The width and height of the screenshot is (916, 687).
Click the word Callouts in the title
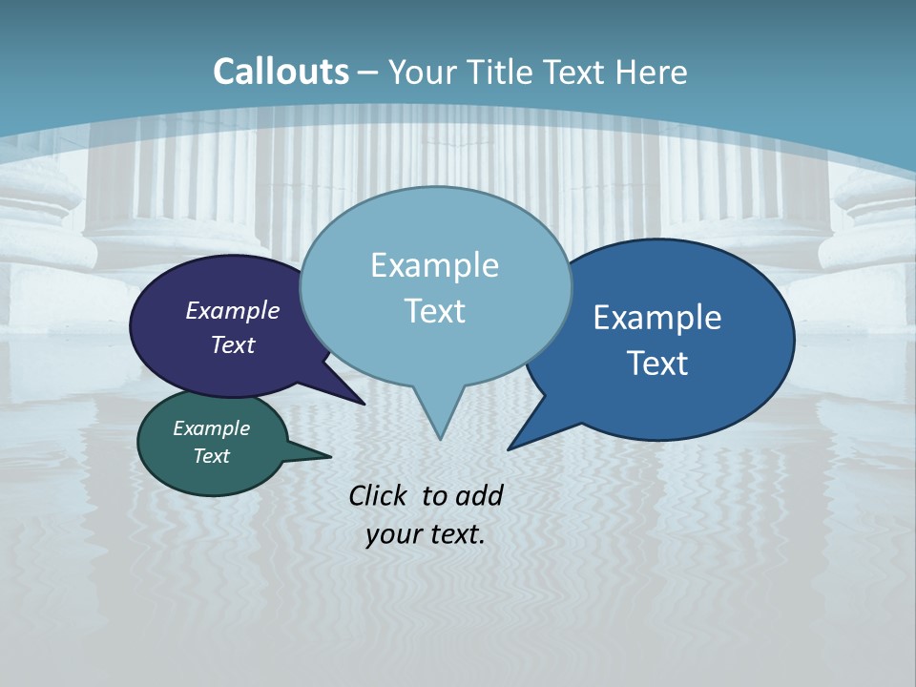pyautogui.click(x=281, y=72)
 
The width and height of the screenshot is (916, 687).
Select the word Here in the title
pyautogui.click(x=652, y=72)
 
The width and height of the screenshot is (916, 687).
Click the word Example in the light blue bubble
pyautogui.click(x=434, y=265)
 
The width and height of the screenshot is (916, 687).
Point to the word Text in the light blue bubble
pyautogui.click(x=434, y=311)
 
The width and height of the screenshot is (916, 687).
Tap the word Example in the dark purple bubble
pyautogui.click(x=233, y=310)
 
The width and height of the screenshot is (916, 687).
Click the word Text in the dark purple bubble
pyautogui.click(x=233, y=344)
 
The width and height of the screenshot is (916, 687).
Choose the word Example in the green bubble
pyautogui.click(x=211, y=428)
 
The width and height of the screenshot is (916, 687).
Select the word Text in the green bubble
pyautogui.click(x=211, y=456)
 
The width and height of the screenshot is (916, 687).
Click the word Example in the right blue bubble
pyautogui.click(x=657, y=318)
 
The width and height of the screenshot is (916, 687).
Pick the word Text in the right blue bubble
pyautogui.click(x=657, y=364)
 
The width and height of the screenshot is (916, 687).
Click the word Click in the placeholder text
pyautogui.click(x=380, y=495)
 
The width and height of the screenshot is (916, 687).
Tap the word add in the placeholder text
pyautogui.click(x=479, y=495)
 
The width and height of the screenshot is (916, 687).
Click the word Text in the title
pyautogui.click(x=575, y=72)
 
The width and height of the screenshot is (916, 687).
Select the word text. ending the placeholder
pyautogui.click(x=455, y=534)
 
